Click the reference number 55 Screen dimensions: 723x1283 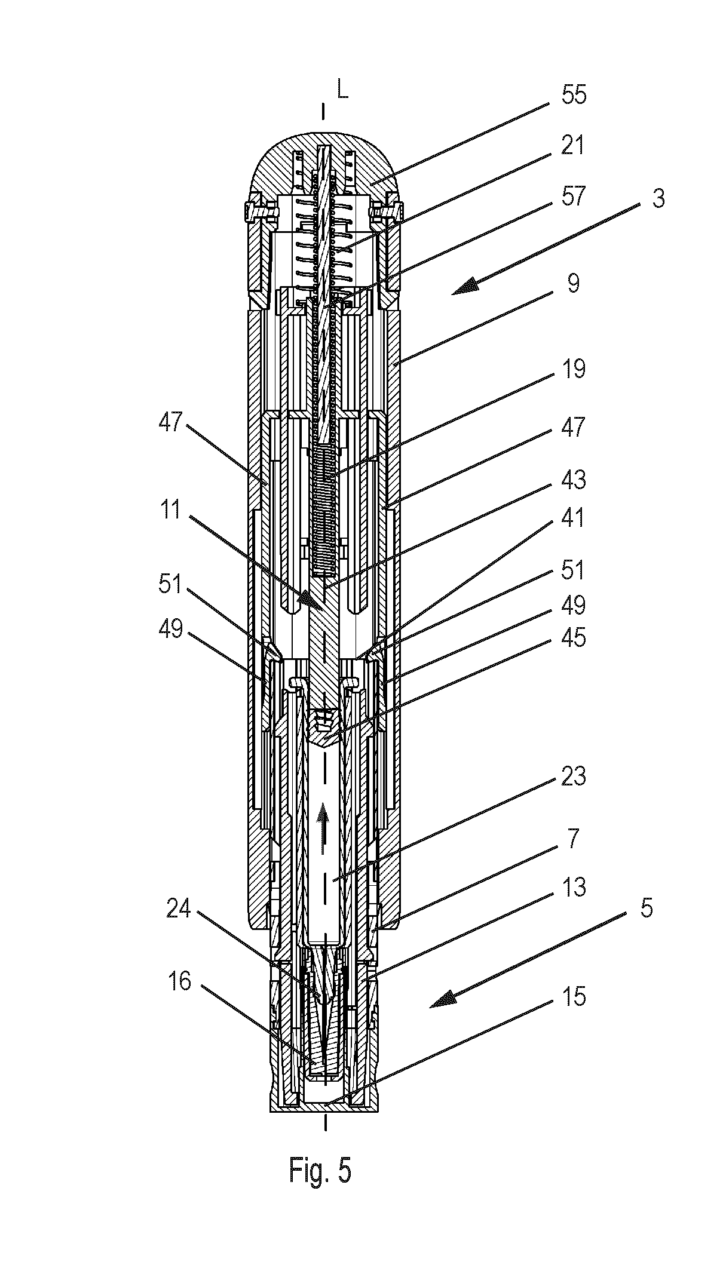(x=574, y=95)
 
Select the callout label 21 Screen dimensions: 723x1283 (x=572, y=146)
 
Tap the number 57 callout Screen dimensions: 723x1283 (x=574, y=196)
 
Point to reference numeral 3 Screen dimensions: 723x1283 (x=658, y=198)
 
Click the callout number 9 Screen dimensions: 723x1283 (x=574, y=283)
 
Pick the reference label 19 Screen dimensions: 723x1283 (x=573, y=369)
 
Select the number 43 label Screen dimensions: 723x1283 (x=574, y=480)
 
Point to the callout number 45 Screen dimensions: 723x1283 (x=574, y=639)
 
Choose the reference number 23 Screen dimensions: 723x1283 (x=574, y=776)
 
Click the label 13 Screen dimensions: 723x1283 (x=573, y=887)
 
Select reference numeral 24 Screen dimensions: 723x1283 (x=177, y=910)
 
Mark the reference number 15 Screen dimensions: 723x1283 (x=574, y=996)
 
